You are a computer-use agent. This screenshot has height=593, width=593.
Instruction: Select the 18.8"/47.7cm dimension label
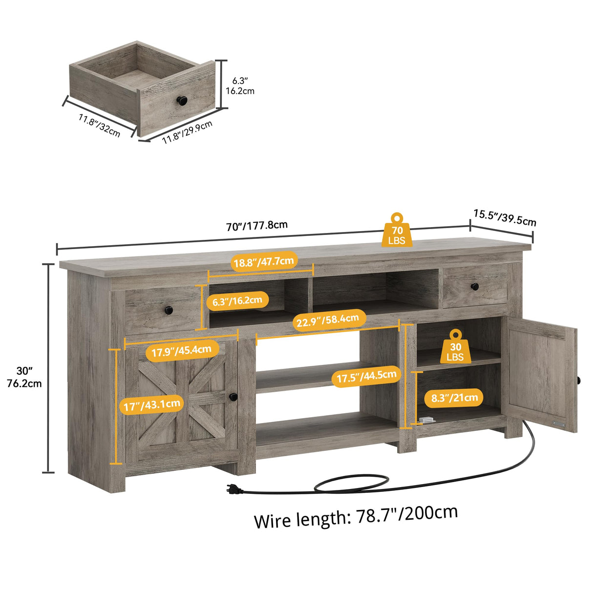264,262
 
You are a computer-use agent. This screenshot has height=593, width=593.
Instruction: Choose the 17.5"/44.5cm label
366,377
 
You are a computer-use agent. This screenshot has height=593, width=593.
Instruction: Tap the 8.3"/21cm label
454,398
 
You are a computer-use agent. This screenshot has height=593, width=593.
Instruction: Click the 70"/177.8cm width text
257,226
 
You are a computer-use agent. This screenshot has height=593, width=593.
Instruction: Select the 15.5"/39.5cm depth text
505,218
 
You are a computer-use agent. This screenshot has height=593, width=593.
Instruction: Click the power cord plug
233,487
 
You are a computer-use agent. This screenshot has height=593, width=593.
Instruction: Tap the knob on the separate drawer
182,100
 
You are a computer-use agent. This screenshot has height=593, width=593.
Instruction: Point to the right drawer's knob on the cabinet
474,286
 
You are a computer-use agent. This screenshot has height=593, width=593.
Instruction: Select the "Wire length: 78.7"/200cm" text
356,516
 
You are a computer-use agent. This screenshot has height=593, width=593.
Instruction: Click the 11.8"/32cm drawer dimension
99,125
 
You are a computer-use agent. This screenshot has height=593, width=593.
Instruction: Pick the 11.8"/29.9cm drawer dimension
187,132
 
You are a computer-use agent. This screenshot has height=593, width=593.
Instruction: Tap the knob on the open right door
578,380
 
